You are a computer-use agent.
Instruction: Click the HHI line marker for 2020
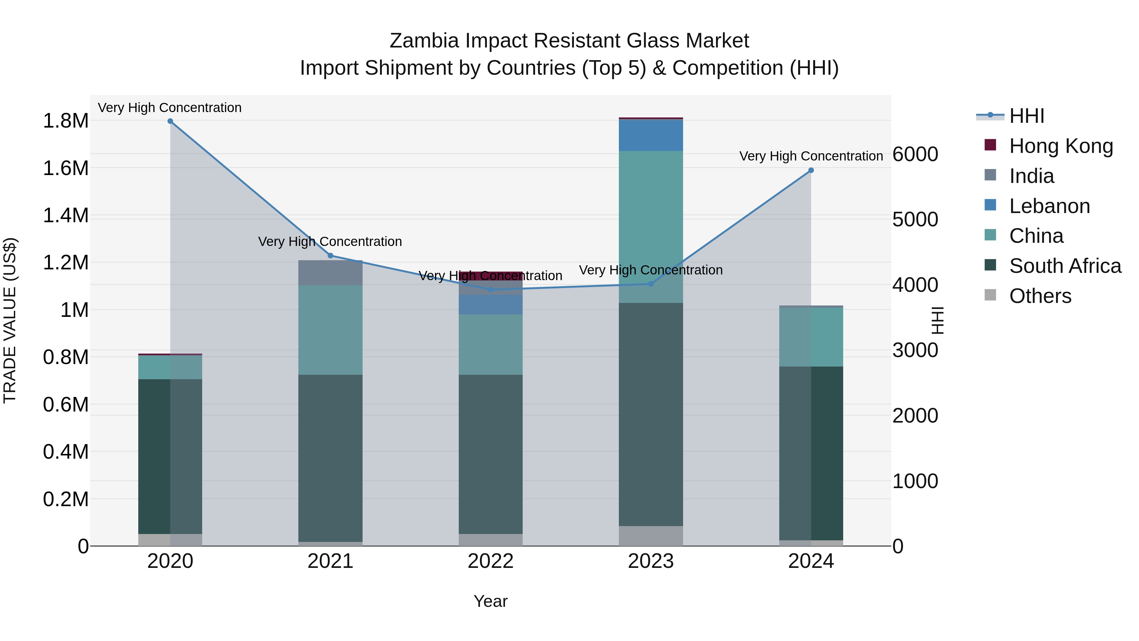click(170, 121)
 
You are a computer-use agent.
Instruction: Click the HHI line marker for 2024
click(811, 170)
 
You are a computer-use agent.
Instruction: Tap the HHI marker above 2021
click(330, 256)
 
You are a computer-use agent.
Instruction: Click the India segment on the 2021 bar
click(330, 273)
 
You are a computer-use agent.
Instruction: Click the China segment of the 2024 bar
click(811, 337)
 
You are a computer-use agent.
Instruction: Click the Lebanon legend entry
click(1049, 206)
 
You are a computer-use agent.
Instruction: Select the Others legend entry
click(1040, 296)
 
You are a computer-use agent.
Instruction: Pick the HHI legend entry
click(1026, 116)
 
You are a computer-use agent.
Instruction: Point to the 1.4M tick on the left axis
click(65, 216)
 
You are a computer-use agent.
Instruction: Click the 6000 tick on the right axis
click(915, 154)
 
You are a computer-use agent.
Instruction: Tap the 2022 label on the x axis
click(490, 561)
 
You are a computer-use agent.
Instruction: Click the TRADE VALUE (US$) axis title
click(10, 320)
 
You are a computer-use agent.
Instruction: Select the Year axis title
click(490, 601)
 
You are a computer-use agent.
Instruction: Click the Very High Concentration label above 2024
click(811, 156)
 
